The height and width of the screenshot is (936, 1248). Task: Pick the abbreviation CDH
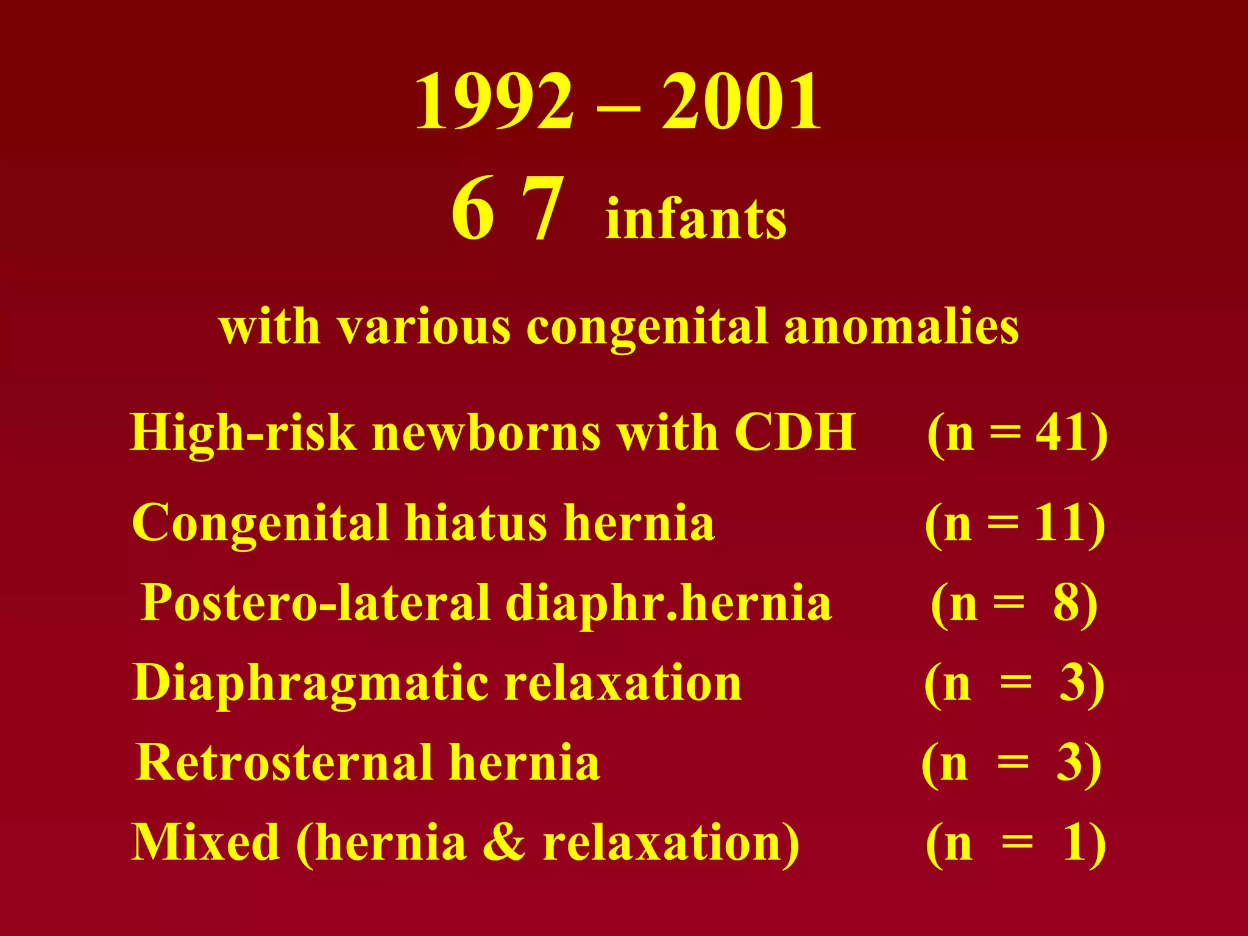pos(795,432)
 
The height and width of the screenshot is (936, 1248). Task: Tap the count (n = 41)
pos(1017,434)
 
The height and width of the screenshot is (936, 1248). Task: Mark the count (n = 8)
pos(1014,604)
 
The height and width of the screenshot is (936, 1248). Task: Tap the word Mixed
pos(205,842)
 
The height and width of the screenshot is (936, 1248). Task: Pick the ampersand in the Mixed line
pos(503,842)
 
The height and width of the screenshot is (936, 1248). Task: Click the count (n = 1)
pos(1015,843)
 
